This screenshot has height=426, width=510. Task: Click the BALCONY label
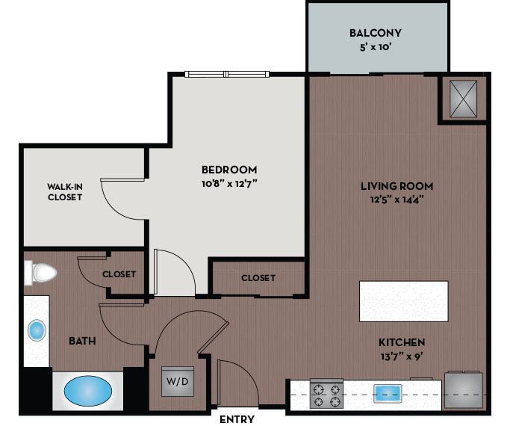(x=376, y=33)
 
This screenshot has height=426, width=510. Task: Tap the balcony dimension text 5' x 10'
(x=376, y=46)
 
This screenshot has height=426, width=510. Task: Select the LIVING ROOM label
(x=397, y=186)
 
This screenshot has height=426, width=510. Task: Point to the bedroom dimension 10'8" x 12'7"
(x=229, y=183)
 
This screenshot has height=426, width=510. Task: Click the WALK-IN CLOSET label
(x=64, y=192)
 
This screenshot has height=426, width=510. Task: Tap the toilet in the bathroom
(x=41, y=274)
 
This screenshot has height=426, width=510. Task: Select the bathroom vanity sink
(x=36, y=330)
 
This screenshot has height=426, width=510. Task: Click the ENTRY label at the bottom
(x=237, y=419)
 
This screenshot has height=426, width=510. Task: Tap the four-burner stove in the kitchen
(x=326, y=394)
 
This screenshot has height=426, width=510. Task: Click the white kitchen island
(x=404, y=301)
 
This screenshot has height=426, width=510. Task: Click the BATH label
(x=82, y=341)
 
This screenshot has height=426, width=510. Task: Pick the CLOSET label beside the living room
(x=258, y=278)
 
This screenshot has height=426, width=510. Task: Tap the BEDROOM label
(x=229, y=170)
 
